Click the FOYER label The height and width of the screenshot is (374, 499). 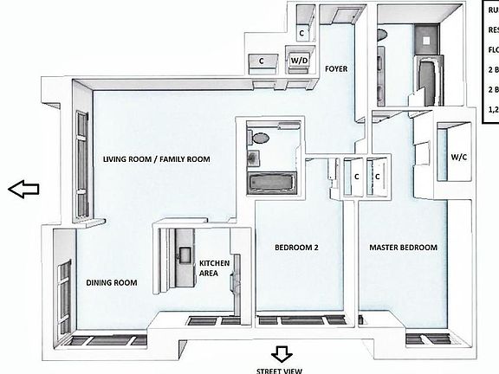[x=336, y=68]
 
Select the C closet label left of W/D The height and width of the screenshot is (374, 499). [x=262, y=61]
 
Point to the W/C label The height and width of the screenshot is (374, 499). [x=458, y=158]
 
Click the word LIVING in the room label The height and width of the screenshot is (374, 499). [x=119, y=159]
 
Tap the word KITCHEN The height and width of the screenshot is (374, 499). [x=213, y=263]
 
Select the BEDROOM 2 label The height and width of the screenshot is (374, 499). [x=297, y=248]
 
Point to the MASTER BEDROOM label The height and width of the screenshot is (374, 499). [x=403, y=248]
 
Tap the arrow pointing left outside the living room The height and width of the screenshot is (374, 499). [x=24, y=190]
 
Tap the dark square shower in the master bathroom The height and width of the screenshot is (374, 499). [x=429, y=40]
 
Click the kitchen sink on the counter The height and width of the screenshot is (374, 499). [x=185, y=253]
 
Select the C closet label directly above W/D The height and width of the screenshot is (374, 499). [x=301, y=33]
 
